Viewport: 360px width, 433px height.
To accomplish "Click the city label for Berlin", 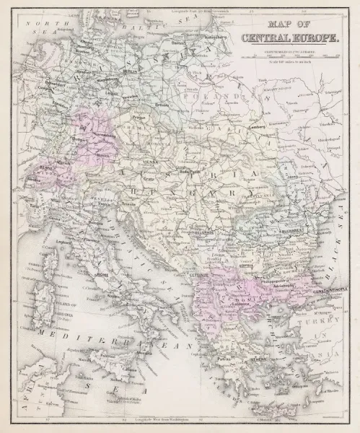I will pyautogui.click(x=130, y=72).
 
